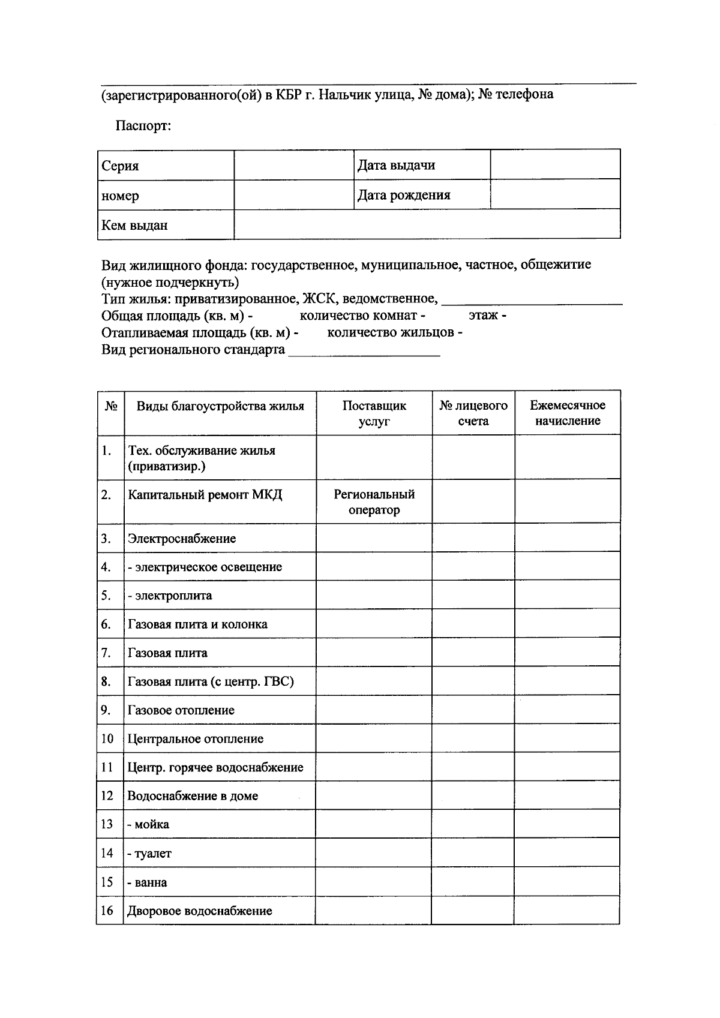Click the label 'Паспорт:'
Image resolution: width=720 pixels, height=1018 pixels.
coord(143,127)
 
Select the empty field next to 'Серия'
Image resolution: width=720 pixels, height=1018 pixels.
coord(293,166)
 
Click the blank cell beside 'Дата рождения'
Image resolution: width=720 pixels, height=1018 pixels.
coord(555,194)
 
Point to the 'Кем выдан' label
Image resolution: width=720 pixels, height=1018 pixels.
coord(134,226)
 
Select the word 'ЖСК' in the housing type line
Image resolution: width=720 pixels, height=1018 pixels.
coord(316,298)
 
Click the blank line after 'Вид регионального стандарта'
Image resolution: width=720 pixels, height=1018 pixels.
coord(364,351)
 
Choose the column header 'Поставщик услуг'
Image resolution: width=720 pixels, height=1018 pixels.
coord(374,413)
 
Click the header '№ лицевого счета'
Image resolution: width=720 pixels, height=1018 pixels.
coord(473,413)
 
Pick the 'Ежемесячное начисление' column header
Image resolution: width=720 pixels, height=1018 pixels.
coord(567,413)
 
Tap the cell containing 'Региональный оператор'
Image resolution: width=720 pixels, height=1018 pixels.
coord(374,502)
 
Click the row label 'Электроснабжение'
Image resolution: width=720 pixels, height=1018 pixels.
coord(181,539)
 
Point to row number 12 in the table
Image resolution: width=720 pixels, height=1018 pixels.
coord(107,796)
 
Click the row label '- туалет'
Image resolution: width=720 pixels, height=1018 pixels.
coord(149,853)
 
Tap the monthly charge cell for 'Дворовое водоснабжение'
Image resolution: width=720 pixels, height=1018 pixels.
coord(566,910)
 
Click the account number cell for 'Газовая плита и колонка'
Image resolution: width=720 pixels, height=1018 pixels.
coord(473,624)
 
